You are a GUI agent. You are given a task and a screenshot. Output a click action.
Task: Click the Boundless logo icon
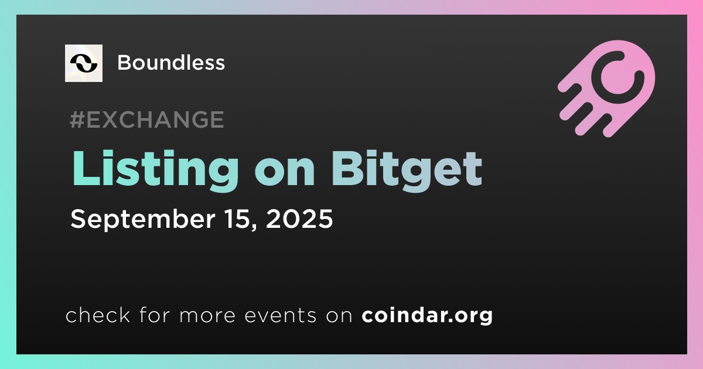pyautogui.click(x=83, y=63)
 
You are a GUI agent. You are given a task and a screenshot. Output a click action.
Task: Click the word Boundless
pyautogui.click(x=171, y=63)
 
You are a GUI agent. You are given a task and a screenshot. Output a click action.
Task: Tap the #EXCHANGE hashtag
pyautogui.click(x=147, y=119)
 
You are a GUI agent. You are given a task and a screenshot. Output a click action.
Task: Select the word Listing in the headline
pyautogui.click(x=155, y=170)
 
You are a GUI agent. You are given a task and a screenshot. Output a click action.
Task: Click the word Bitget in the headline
pyautogui.click(x=407, y=170)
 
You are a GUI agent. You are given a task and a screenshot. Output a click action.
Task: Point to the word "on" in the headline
pyautogui.click(x=285, y=173)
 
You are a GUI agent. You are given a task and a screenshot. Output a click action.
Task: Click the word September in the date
pyautogui.click(x=143, y=220)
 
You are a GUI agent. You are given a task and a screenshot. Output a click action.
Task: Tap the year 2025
pyautogui.click(x=299, y=218)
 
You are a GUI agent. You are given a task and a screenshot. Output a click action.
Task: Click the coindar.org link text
pyautogui.click(x=427, y=315)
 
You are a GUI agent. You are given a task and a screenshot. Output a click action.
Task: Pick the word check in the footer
pyautogui.click(x=98, y=315)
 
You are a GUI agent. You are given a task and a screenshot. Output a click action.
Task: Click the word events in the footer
pyautogui.click(x=280, y=315)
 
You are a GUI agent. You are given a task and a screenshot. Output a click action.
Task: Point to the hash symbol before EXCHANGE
pyautogui.click(x=77, y=119)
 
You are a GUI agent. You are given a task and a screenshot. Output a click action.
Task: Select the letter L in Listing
pyautogui.click(x=86, y=169)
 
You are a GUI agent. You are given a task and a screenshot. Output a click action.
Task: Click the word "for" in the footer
pyautogui.click(x=155, y=315)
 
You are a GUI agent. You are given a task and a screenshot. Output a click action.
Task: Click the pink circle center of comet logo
pyautogui.click(x=617, y=77)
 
